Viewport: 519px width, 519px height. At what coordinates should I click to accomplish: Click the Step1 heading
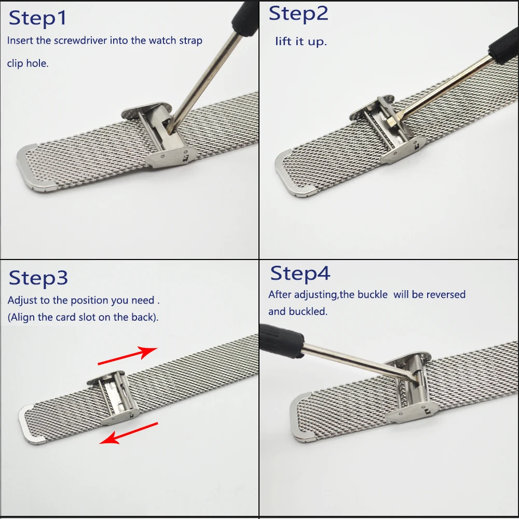pyautogui.click(x=38, y=18)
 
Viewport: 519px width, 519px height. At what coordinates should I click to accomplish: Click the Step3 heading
pyautogui.click(x=38, y=278)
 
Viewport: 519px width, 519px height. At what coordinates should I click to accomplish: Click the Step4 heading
pyautogui.click(x=300, y=274)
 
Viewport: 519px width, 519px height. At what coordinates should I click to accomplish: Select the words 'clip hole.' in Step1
pyautogui.click(x=28, y=64)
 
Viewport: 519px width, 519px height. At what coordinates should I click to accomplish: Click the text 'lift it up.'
pyautogui.click(x=301, y=42)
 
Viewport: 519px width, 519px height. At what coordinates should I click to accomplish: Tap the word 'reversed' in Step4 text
pyautogui.click(x=446, y=295)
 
